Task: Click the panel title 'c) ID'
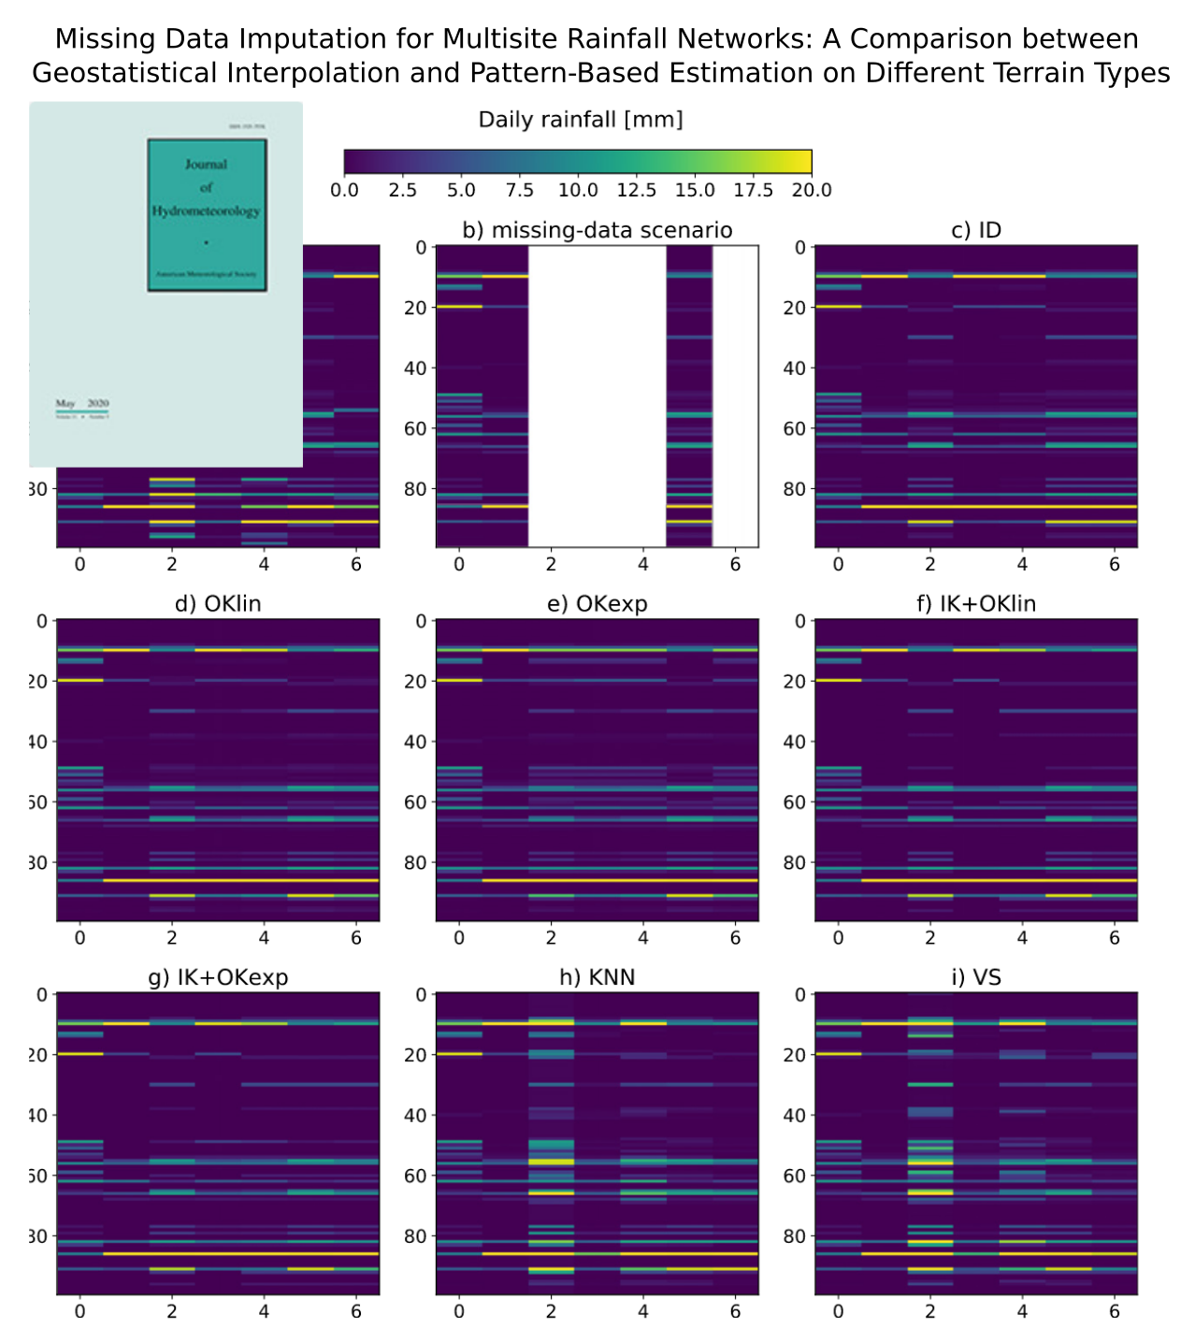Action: (x=976, y=230)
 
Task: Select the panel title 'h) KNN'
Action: (x=597, y=977)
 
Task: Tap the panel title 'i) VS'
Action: (x=976, y=977)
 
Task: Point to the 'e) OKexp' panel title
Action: (x=597, y=604)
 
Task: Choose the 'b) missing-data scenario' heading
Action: (x=597, y=230)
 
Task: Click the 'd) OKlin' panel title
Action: (x=218, y=604)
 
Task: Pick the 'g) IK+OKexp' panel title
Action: (x=218, y=977)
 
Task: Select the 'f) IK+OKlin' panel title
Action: (x=976, y=604)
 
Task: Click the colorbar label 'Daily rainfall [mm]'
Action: (x=580, y=120)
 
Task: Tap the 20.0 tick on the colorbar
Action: (x=811, y=190)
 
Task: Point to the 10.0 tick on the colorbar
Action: (x=578, y=190)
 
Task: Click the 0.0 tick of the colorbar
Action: (x=344, y=190)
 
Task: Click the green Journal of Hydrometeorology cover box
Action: (x=207, y=215)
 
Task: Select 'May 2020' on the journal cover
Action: (x=81, y=403)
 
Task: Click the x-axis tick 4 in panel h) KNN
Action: (x=643, y=1312)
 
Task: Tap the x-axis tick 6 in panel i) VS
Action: (x=1114, y=1312)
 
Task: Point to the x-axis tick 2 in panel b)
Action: (x=551, y=564)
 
